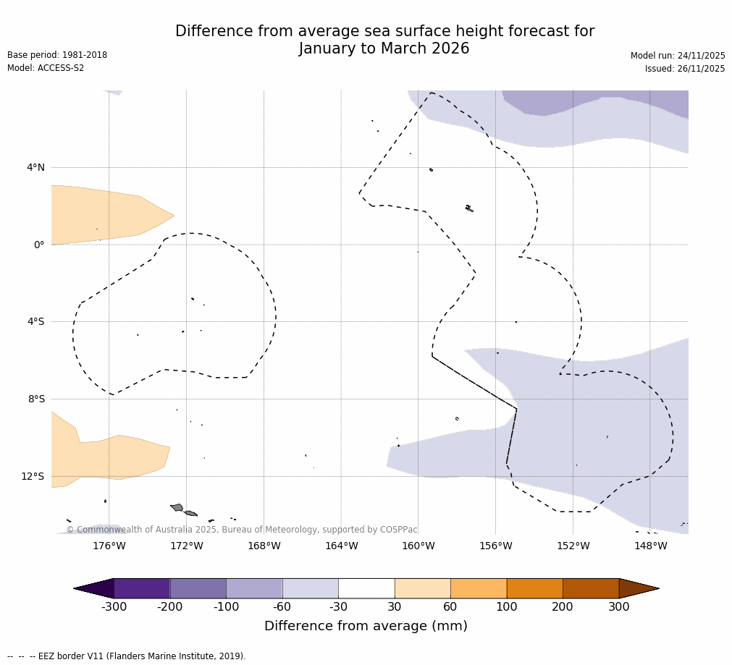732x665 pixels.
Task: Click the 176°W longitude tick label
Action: (x=109, y=546)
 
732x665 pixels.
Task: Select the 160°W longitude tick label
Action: (x=418, y=546)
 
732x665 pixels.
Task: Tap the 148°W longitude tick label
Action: (x=650, y=546)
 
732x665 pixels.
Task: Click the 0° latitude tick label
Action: (x=39, y=245)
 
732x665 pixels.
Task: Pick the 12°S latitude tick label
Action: (x=33, y=476)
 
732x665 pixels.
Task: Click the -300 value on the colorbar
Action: (x=114, y=607)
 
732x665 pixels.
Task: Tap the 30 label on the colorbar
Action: (x=395, y=607)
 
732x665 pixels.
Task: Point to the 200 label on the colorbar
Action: (x=563, y=607)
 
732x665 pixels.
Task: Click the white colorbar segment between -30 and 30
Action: (x=366, y=588)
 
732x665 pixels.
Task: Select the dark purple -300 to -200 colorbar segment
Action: (x=142, y=588)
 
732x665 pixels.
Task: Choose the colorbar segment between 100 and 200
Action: (x=534, y=588)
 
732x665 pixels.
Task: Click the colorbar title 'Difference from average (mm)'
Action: (x=366, y=626)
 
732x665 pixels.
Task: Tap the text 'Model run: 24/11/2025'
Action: (x=678, y=56)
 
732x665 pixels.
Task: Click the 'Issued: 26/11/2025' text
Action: (x=685, y=69)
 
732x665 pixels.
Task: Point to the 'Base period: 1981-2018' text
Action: (x=57, y=55)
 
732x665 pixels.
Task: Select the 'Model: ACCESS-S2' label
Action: (x=46, y=68)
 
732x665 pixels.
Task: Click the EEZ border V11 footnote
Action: (x=127, y=656)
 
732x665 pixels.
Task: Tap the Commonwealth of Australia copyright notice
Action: (x=242, y=530)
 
